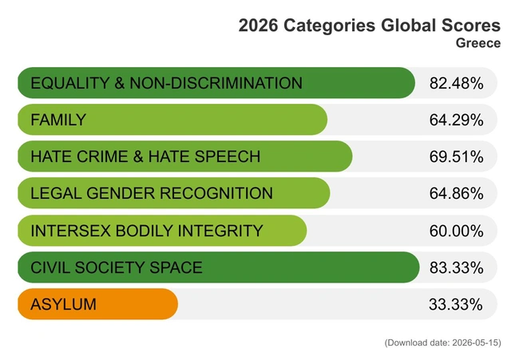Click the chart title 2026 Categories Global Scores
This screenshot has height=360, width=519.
point(370,26)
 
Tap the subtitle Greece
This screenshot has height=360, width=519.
point(478,43)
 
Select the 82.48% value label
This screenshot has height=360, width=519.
point(456,83)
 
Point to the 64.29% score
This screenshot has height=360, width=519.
point(456,120)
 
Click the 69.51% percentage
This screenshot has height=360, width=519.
point(456,156)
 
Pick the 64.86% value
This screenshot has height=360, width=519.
point(456,193)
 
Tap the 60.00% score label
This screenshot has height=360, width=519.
point(456,231)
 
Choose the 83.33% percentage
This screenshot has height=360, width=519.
point(456,267)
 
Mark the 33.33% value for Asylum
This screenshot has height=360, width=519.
point(456,304)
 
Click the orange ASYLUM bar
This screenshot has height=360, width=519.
point(97,304)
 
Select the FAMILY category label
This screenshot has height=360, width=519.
point(58,120)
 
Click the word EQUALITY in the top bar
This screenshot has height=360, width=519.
point(69,83)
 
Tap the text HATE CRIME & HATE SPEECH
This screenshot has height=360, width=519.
point(145,156)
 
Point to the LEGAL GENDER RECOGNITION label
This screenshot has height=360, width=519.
point(152,193)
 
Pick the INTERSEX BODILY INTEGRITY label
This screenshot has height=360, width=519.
point(147,231)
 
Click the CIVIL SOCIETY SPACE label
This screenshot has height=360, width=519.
point(117,267)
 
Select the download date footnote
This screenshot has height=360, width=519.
point(443,342)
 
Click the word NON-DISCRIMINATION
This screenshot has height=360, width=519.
point(216,83)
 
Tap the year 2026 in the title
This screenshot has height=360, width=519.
point(258,26)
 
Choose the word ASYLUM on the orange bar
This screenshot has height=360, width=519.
point(63,304)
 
